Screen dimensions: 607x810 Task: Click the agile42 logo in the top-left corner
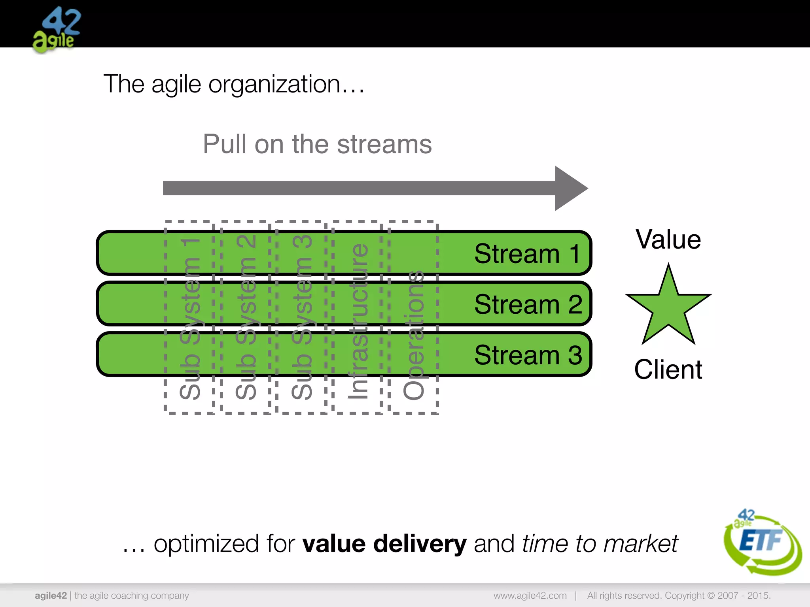click(56, 30)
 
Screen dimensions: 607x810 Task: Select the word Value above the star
click(668, 239)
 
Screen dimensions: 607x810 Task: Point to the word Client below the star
click(668, 369)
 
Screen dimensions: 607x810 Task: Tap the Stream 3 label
click(528, 354)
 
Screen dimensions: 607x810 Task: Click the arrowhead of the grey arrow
click(570, 188)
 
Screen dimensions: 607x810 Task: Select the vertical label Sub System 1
click(190, 318)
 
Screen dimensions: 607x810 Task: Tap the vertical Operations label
click(414, 334)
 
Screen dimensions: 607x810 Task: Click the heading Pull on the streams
click(317, 144)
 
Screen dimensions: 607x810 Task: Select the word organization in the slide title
click(274, 84)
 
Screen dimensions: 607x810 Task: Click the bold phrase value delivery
click(384, 543)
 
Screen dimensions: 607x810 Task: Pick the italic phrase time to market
click(600, 543)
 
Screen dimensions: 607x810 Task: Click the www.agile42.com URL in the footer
click(530, 596)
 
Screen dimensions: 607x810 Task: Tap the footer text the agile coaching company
click(132, 596)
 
